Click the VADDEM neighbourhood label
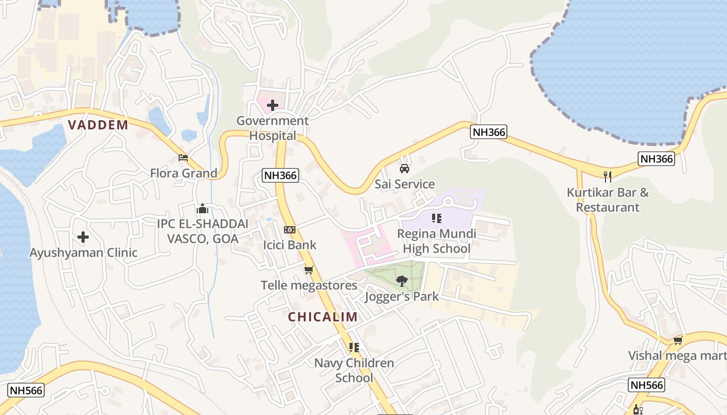pos(98,125)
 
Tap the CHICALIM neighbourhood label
pos(322,317)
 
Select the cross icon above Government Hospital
pos(272,106)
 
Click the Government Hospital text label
pos(273,128)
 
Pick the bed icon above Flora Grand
pos(183,157)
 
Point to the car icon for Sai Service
pos(404,169)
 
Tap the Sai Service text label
pos(405,184)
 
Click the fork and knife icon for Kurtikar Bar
pos(608,177)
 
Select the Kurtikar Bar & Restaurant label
pos(608,200)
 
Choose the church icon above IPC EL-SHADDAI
pos(203,209)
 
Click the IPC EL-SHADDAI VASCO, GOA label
pos(203,231)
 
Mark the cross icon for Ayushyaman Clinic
pos(83,238)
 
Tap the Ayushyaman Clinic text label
pos(84,253)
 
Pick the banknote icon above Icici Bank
pos(289,229)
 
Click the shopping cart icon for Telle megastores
pos(309,270)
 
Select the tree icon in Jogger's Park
pos(401,281)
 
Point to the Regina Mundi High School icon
pos(436,218)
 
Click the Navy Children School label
pos(354,370)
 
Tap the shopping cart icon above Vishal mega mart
pos(678,341)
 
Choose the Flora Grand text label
pos(184,173)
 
